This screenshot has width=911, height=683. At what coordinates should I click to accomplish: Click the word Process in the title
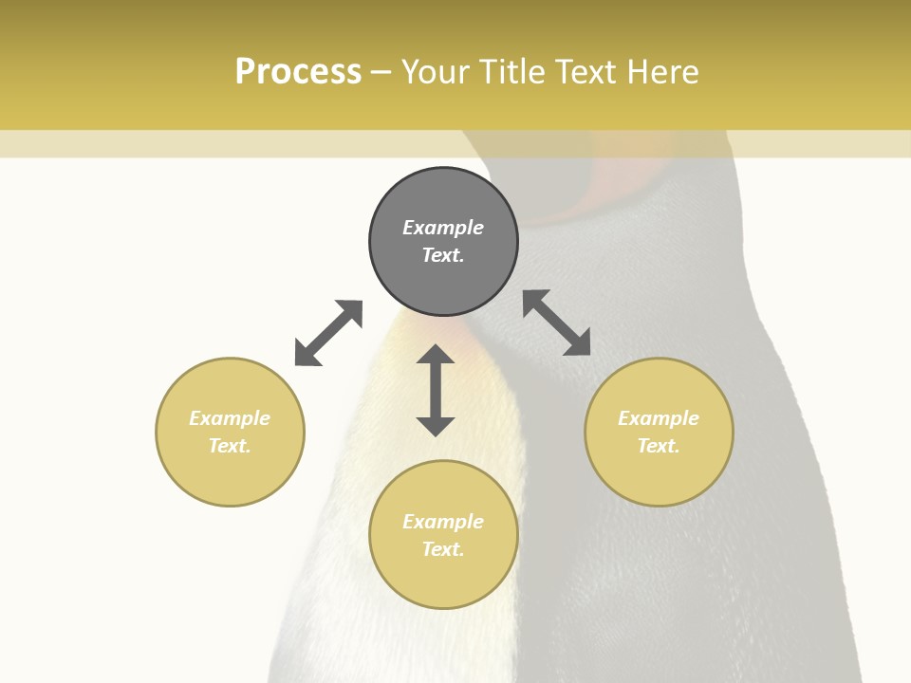pos(298,72)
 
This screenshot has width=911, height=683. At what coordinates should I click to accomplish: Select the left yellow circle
pos(230,474)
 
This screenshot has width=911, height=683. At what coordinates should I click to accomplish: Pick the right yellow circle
pos(659,474)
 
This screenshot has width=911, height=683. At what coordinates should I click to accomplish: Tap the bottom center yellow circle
pos(443,579)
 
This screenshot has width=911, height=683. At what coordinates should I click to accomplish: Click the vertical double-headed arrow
pos(436,390)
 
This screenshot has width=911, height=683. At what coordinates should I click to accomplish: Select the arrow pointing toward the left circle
pos(328,333)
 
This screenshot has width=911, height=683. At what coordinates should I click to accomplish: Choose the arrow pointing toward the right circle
pos(557,323)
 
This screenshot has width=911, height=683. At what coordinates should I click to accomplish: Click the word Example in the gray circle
pos(443,228)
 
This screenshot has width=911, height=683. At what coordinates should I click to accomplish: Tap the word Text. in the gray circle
pos(443,255)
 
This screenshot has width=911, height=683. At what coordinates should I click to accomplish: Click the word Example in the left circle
pos(230,418)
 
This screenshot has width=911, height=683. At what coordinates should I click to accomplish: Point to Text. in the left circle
pos(230,446)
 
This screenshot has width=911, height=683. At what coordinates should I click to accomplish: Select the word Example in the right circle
pos(659,418)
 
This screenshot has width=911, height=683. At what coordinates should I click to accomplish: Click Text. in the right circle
pos(659,446)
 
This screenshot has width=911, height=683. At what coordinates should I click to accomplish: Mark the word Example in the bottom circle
pos(443,522)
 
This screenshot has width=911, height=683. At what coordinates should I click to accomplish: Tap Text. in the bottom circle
pos(443,549)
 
